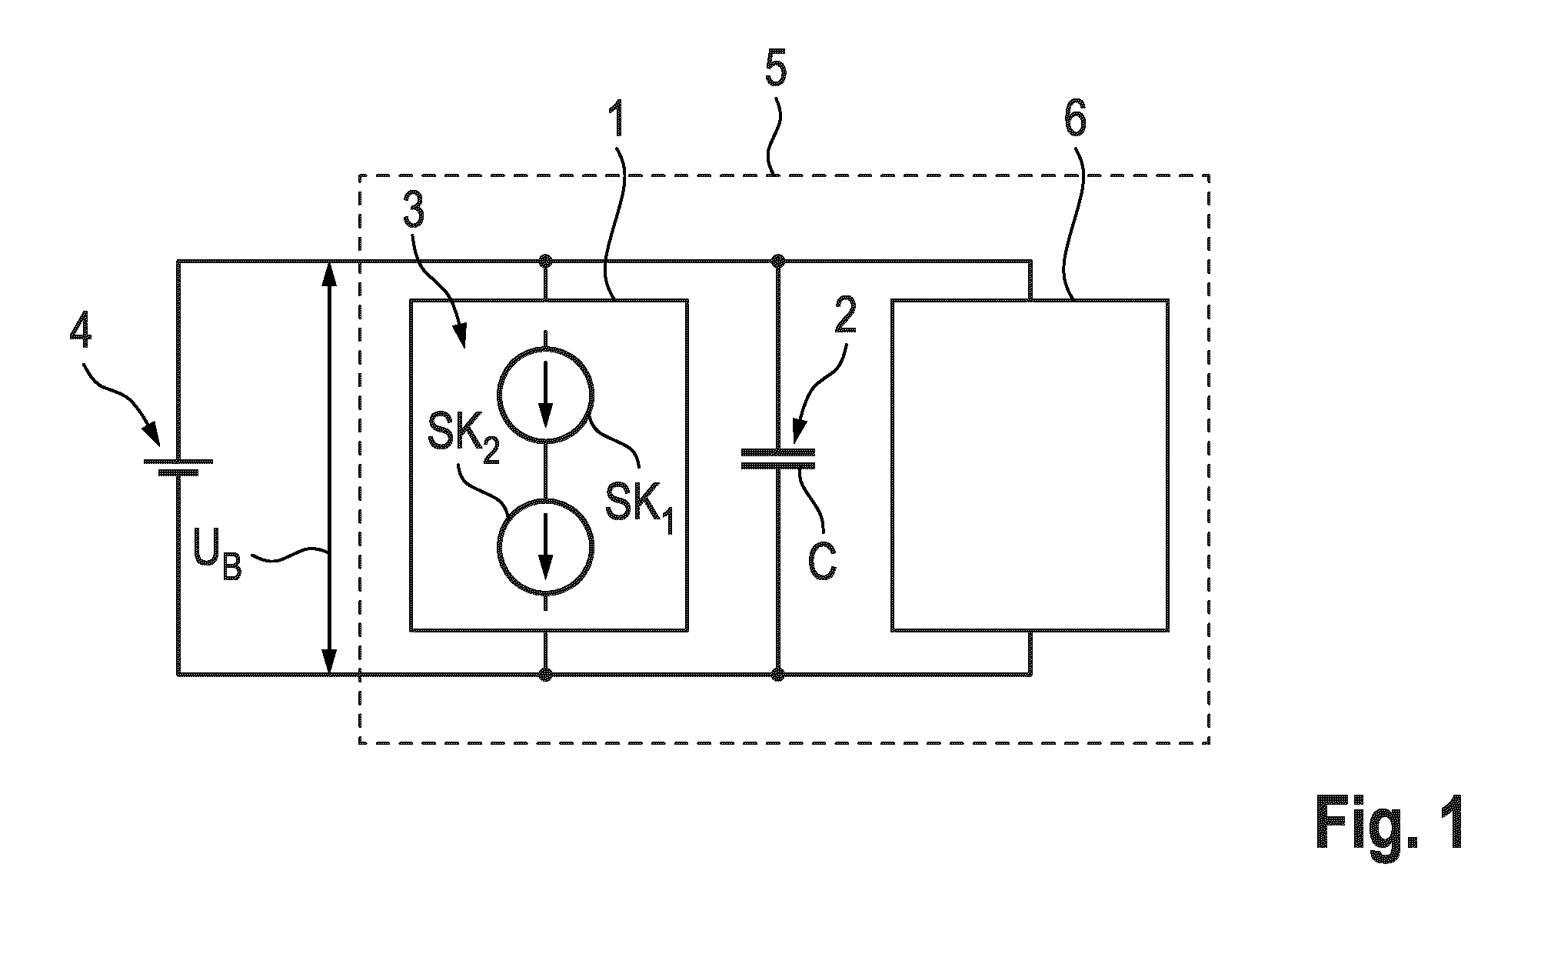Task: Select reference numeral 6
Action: click(x=1075, y=120)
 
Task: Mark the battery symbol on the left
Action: click(x=178, y=466)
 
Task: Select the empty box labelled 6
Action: click(x=1030, y=465)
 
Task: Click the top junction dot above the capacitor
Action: click(x=777, y=260)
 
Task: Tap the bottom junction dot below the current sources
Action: click(x=545, y=675)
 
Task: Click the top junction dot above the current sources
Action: click(x=545, y=260)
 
